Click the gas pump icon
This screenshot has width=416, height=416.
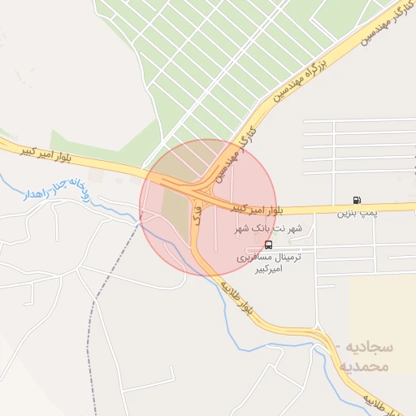[357, 200]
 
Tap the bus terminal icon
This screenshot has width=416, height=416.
[269, 244]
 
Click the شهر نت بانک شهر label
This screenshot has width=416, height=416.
[268, 229]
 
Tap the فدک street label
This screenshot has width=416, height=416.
[197, 214]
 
